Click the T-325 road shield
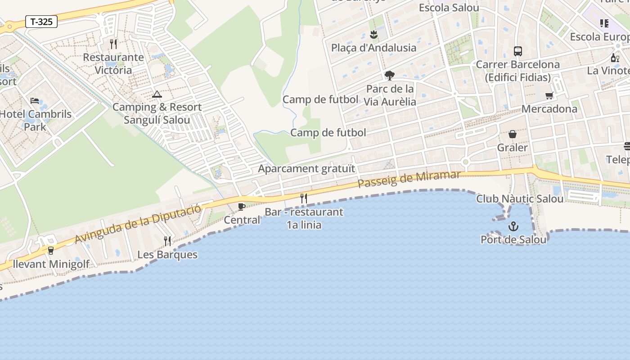(41, 22)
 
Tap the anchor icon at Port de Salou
(513, 227)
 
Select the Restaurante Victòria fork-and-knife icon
(113, 44)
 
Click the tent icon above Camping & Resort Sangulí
(157, 94)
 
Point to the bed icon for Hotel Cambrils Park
(35, 101)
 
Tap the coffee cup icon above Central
(242, 207)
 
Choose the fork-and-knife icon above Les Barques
(167, 241)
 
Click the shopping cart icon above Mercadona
(549, 95)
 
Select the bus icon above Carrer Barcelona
(518, 51)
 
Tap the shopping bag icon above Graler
(513, 134)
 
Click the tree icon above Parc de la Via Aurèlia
(390, 76)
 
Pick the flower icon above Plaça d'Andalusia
(373, 35)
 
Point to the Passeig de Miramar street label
(409, 179)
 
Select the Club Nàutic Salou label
(520, 198)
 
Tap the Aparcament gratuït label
(306, 169)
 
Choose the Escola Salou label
(449, 8)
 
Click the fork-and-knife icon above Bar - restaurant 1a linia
(304, 198)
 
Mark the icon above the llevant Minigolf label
(50, 250)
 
